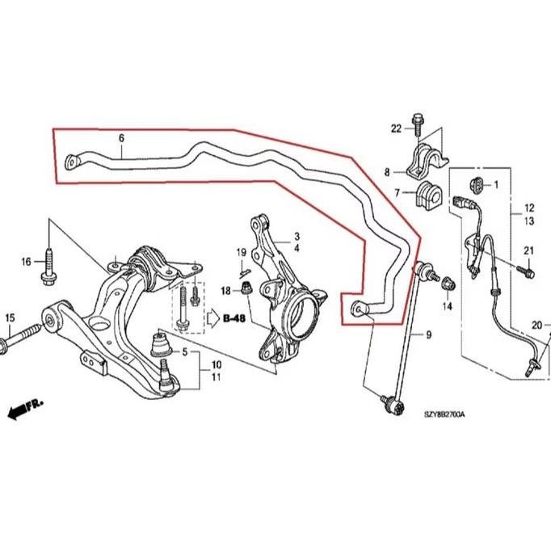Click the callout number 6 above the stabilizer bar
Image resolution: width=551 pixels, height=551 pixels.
(121, 138)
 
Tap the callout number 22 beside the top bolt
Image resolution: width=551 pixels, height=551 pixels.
(396, 128)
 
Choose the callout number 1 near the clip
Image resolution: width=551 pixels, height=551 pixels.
(495, 185)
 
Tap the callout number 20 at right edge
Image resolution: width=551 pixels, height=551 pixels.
(536, 326)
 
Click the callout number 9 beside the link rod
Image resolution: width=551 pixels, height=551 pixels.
(428, 334)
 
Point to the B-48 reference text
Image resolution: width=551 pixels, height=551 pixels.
(233, 319)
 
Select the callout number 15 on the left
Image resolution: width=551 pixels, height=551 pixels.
(11, 317)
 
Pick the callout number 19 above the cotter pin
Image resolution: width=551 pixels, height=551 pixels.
(241, 254)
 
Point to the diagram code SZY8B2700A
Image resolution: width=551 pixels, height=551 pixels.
(444, 414)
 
